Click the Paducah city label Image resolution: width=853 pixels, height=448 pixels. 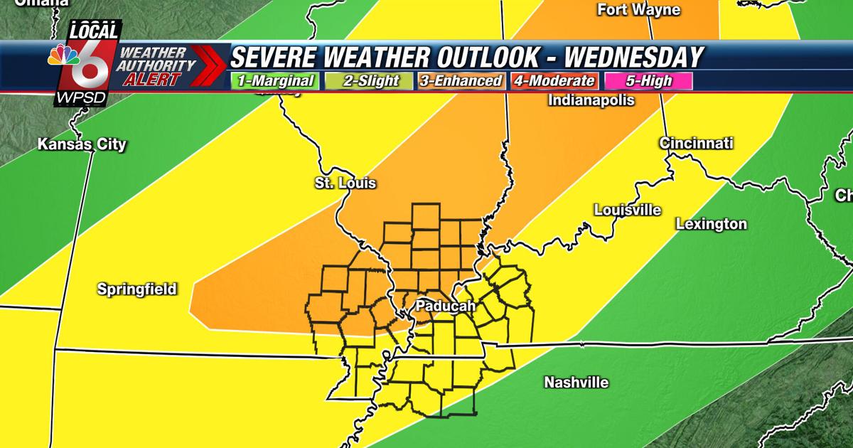coord(445,305)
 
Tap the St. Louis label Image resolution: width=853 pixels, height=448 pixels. coord(345,183)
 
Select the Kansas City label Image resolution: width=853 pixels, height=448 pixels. coord(82,145)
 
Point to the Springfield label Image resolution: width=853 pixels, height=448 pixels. coord(136,289)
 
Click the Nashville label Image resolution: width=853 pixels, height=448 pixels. coord(576,383)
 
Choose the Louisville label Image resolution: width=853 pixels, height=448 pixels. coord(627,210)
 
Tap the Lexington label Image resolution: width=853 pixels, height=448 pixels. coord(711,225)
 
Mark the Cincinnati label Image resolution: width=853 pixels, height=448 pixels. coord(696,143)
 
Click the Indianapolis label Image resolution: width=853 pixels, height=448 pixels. coord(591,100)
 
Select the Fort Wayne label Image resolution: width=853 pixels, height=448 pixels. coord(639,10)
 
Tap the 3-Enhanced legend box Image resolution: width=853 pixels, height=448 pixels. coord(459,81)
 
